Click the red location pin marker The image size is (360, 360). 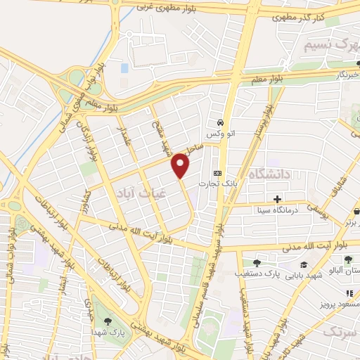181,166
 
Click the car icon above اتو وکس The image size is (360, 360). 220,120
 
